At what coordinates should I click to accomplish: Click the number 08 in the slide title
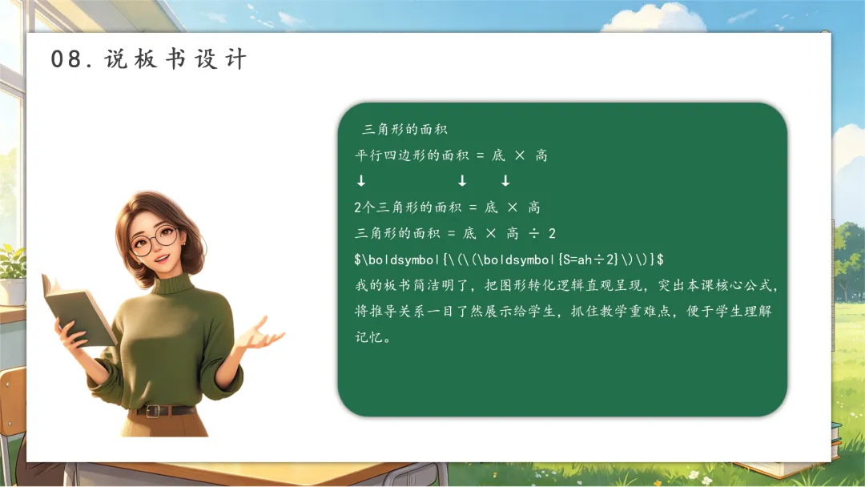[66, 59]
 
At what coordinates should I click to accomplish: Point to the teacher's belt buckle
[153, 410]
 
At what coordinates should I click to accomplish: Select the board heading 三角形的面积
[404, 130]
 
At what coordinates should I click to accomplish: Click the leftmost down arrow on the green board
[360, 180]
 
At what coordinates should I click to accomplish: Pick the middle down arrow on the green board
[462, 180]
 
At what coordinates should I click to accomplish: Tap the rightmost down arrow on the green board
[505, 180]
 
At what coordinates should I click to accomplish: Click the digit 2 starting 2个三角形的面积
[358, 207]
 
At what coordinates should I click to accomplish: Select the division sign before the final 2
[533, 233]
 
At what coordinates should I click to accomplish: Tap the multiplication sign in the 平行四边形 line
[520, 155]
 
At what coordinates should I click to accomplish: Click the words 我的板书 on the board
[384, 285]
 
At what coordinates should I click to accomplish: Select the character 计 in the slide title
[235, 59]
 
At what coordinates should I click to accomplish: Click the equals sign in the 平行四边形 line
[480, 156]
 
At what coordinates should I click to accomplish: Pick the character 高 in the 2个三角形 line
[534, 207]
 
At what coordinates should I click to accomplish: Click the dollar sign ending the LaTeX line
[660, 260]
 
